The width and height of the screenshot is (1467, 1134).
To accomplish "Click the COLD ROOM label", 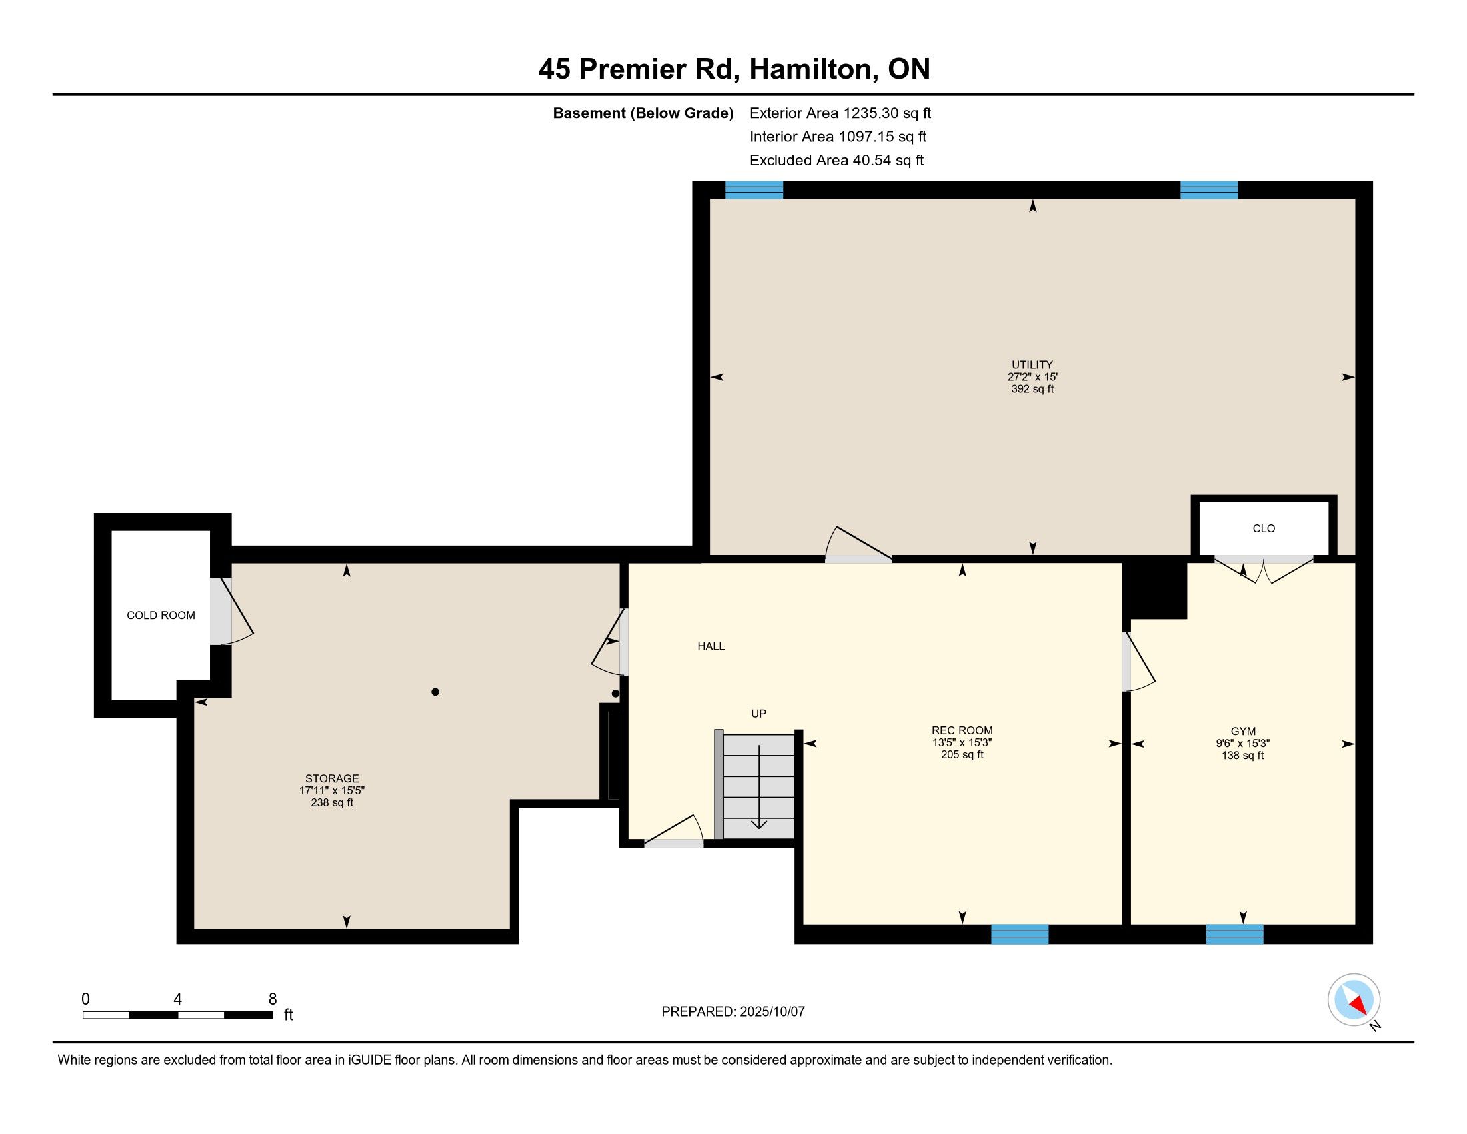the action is (161, 616).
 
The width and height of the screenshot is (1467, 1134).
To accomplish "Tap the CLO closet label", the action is (1264, 529).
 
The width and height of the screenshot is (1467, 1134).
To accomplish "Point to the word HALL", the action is (711, 646).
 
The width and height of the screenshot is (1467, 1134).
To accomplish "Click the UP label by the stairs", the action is (758, 714).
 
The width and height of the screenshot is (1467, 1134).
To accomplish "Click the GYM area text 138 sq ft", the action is (1243, 756).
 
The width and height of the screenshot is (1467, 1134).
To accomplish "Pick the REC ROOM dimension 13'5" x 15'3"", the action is (962, 743).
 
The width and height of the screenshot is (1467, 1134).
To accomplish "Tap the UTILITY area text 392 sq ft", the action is (1032, 389).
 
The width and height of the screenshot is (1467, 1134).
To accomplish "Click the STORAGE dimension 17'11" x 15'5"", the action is (332, 791).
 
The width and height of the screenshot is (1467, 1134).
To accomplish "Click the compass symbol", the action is (1354, 1000).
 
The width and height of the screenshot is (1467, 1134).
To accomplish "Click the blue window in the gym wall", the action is (1234, 934).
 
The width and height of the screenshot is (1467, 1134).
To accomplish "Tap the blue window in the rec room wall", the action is (1020, 934).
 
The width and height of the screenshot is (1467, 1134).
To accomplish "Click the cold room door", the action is (231, 611).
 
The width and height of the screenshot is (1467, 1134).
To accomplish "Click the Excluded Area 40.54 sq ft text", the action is (836, 161).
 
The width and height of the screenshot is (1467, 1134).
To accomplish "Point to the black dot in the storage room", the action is (435, 692).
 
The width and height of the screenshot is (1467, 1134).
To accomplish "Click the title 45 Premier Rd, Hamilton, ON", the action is (734, 69).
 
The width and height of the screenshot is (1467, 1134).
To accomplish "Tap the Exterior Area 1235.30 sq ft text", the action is (840, 113).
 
